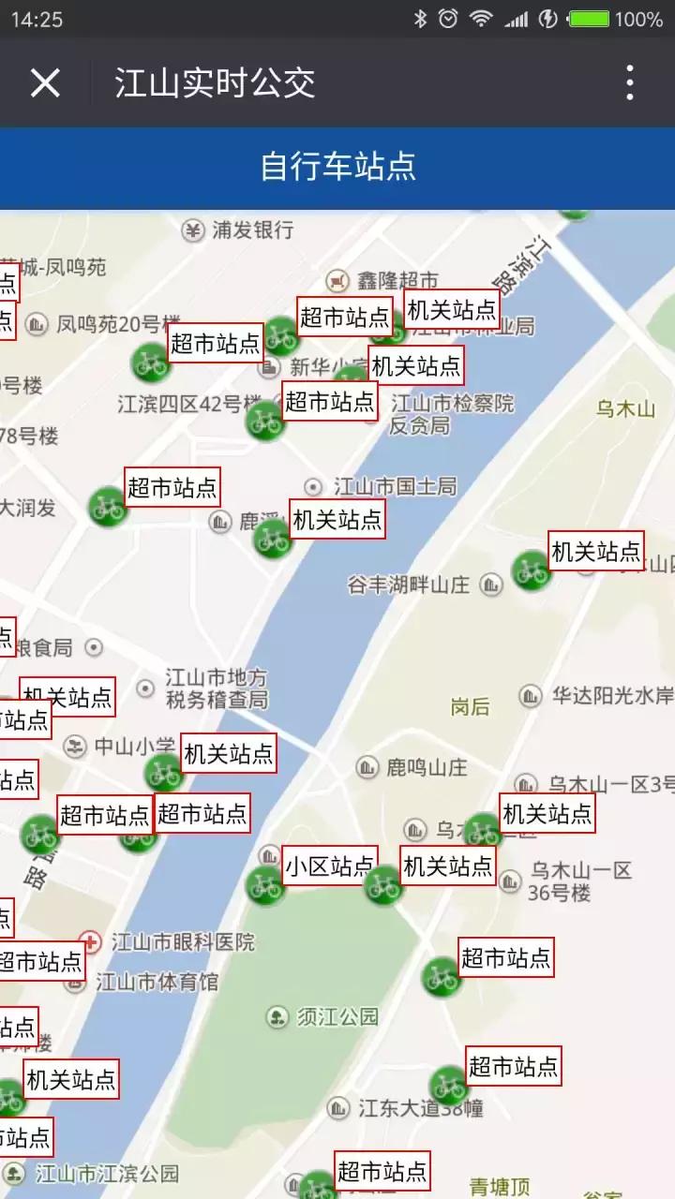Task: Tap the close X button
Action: tap(45, 83)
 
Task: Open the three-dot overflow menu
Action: tap(630, 83)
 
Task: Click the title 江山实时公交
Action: tap(215, 83)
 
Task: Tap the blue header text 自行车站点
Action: tap(337, 167)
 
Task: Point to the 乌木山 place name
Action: tap(626, 408)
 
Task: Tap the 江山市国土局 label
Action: tap(395, 486)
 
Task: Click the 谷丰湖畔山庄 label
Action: tap(408, 585)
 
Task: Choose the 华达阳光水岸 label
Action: tap(611, 696)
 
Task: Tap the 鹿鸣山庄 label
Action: tap(426, 768)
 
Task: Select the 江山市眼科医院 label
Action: tap(182, 941)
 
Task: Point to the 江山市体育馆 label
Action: tap(157, 982)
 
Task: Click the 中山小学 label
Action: tap(133, 747)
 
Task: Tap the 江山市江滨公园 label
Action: tap(106, 1173)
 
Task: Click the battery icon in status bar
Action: tap(590, 19)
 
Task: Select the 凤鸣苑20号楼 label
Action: tap(111, 324)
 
